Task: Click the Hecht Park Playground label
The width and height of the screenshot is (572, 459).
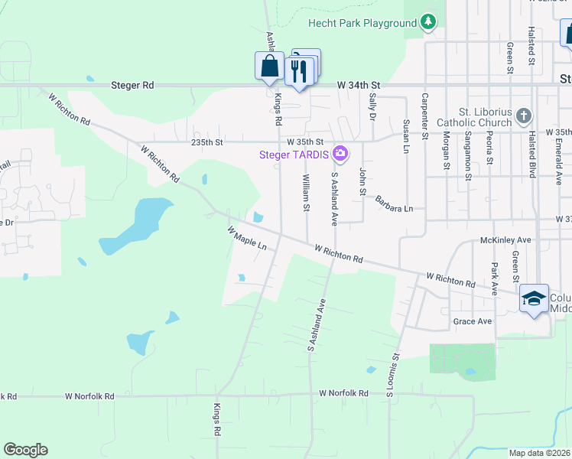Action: pos(362,23)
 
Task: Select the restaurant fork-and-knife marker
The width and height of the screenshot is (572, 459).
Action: pos(297,72)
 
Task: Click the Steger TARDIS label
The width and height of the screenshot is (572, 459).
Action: pos(294,155)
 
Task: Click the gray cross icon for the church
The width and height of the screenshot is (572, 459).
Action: pos(523,116)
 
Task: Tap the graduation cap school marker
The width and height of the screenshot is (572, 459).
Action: pos(533,298)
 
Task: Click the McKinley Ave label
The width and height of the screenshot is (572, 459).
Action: pos(505,240)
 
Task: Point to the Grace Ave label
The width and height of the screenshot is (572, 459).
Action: pos(472,321)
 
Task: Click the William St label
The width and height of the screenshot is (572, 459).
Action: pos(306,192)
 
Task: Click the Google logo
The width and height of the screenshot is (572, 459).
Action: pos(25,450)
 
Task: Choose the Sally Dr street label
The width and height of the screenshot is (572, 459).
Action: pos(372,106)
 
